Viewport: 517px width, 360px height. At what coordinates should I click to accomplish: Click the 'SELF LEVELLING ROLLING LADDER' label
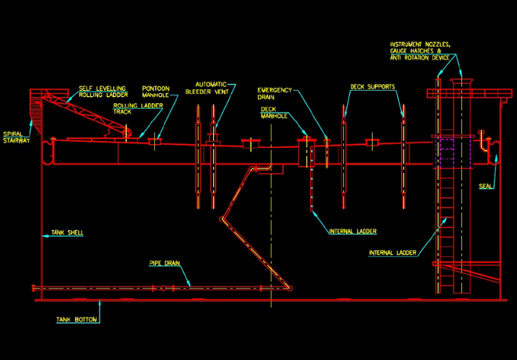point(101,92)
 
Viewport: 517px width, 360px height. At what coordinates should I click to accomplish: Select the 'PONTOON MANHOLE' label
point(161,92)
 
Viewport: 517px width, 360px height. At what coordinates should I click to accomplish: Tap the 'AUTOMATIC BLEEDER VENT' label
point(209,88)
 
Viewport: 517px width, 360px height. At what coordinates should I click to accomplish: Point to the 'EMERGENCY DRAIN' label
point(275,93)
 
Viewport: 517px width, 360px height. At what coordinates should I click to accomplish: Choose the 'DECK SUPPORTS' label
point(372,86)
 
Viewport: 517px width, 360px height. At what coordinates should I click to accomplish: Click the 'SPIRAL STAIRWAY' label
point(15,137)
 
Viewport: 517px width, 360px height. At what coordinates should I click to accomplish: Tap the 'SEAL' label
point(484,185)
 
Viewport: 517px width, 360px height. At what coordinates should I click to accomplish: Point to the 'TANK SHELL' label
point(67,232)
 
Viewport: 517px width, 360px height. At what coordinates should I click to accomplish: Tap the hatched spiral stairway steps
point(34,106)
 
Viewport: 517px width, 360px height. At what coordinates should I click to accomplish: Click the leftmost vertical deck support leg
point(196,160)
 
